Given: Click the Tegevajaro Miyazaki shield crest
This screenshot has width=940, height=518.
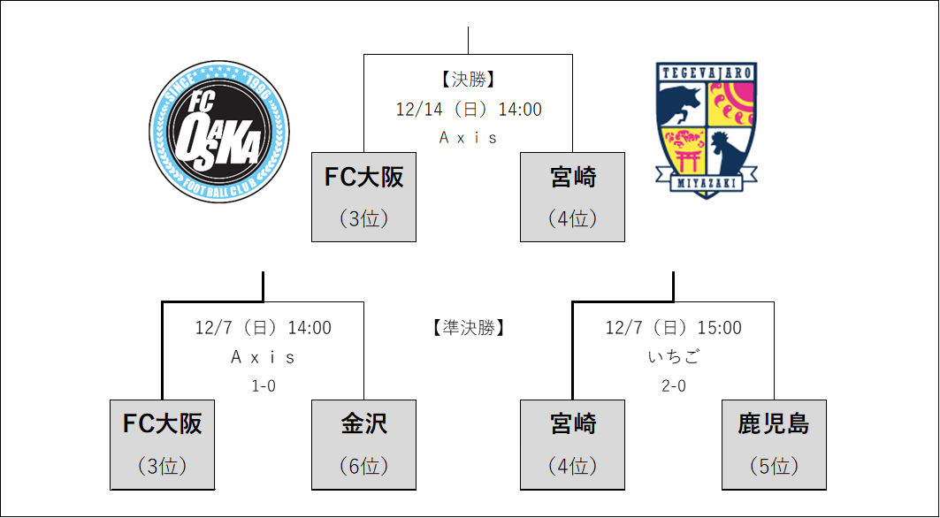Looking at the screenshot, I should click(706, 129).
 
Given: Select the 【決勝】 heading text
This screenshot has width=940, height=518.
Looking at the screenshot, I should click(468, 80).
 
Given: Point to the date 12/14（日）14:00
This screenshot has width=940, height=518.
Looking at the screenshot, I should click(468, 110).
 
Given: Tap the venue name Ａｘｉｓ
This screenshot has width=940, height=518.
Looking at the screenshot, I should click(468, 138).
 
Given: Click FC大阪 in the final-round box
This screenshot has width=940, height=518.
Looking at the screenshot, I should click(363, 178).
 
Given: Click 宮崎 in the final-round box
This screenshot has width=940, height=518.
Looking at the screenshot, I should click(572, 178).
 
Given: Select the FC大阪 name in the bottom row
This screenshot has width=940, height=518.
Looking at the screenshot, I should click(162, 423).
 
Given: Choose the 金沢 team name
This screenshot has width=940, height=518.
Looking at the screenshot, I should click(363, 423).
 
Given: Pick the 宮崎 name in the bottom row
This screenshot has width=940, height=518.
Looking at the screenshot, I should click(572, 423).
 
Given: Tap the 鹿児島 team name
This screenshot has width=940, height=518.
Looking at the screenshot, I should click(774, 423).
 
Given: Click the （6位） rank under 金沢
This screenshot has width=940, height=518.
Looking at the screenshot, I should click(363, 466).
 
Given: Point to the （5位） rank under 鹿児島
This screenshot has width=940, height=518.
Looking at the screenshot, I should click(774, 466).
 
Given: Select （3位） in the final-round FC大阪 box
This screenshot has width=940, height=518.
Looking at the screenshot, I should click(363, 218).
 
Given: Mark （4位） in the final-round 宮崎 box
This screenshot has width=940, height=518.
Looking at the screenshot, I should click(572, 218).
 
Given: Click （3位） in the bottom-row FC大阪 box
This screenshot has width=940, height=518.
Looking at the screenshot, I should click(162, 466).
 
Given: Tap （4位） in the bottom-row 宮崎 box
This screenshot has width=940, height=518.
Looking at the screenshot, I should click(572, 466).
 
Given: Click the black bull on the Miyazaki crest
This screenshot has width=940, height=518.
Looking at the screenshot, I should click(679, 99).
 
